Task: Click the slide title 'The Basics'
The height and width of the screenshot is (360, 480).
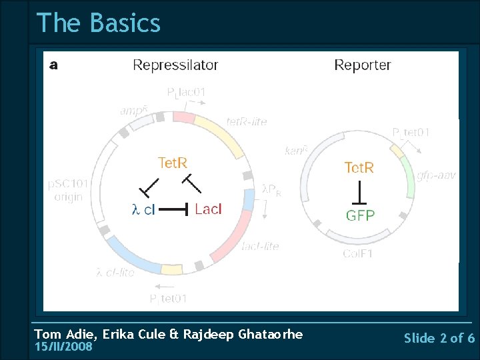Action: (99, 23)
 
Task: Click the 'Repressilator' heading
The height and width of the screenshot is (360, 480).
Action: (175, 65)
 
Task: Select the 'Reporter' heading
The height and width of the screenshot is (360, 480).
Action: (362, 65)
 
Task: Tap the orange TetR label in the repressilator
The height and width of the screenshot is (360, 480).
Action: (173, 163)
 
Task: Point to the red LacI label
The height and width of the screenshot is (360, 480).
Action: (208, 209)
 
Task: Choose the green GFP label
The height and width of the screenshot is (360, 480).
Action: (360, 215)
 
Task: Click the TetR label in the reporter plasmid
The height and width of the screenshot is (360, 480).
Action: (359, 167)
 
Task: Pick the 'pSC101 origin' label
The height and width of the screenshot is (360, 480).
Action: (65, 190)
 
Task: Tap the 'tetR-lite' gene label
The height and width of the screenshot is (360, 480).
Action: (247, 121)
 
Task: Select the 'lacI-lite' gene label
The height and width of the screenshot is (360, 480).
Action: (260, 246)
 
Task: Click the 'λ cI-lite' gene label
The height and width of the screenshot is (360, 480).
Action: (115, 272)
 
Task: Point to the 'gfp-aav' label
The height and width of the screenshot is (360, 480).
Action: (436, 175)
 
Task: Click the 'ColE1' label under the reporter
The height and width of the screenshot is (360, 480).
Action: (358, 254)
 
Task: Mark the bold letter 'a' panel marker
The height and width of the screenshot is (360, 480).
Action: (53, 65)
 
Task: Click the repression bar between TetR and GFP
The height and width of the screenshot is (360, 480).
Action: (359, 193)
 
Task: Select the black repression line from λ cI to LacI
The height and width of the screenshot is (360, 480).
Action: (175, 209)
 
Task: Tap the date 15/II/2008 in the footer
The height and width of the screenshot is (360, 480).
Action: (63, 347)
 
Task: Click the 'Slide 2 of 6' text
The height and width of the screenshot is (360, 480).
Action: (439, 338)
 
